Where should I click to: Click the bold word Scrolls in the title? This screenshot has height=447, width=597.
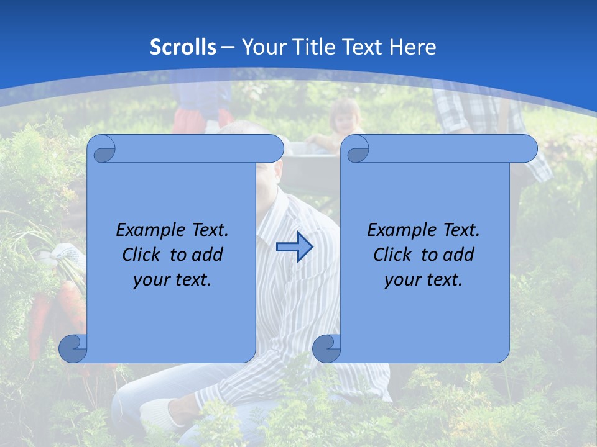pyautogui.click(x=183, y=47)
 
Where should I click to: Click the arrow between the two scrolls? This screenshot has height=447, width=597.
pyautogui.click(x=294, y=247)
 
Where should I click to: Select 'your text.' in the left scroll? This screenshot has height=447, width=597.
pyautogui.click(x=172, y=280)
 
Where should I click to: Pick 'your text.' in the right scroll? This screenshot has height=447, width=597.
pyautogui.click(x=423, y=280)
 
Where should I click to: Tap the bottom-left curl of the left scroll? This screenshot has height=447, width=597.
pyautogui.click(x=73, y=348)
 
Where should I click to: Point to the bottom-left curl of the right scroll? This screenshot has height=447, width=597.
pyautogui.click(x=326, y=348)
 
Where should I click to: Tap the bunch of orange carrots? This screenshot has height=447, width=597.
pyautogui.click(x=56, y=310)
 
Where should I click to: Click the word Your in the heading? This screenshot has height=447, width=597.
pyautogui.click(x=263, y=47)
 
